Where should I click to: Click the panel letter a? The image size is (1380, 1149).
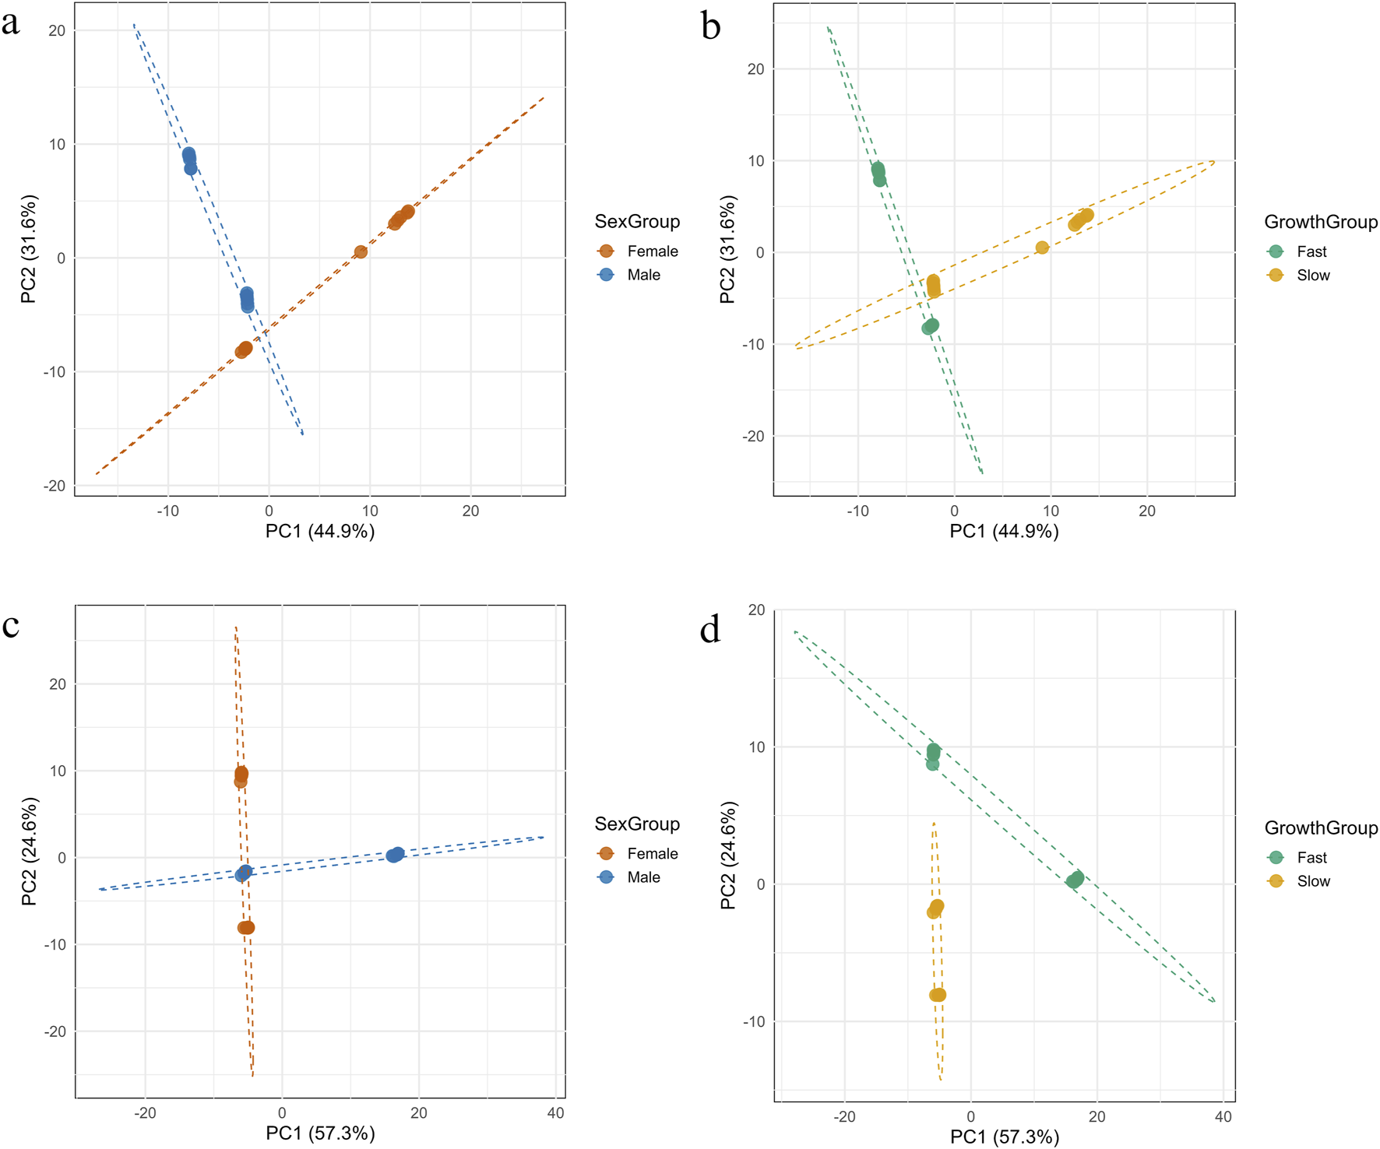[10, 23]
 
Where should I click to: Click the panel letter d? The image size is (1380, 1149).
[709, 629]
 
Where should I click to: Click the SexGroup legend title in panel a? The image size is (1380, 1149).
[637, 222]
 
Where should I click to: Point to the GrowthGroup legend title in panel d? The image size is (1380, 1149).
[1321, 827]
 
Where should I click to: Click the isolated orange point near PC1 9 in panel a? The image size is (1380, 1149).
[361, 251]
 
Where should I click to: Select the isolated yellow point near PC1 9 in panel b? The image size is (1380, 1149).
[1042, 248]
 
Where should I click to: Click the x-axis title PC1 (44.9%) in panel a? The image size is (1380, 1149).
[320, 532]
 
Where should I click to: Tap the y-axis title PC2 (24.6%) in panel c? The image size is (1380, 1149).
[30, 851]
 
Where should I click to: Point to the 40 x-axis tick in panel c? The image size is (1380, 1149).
[555, 1113]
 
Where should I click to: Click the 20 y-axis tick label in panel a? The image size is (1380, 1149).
[56, 30]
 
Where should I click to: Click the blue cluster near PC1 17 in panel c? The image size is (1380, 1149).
[396, 855]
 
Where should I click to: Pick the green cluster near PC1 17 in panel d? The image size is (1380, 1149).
[1075, 880]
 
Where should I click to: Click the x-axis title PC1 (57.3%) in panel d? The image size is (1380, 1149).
[1005, 1137]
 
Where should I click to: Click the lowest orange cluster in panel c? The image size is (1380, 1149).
[246, 927]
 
